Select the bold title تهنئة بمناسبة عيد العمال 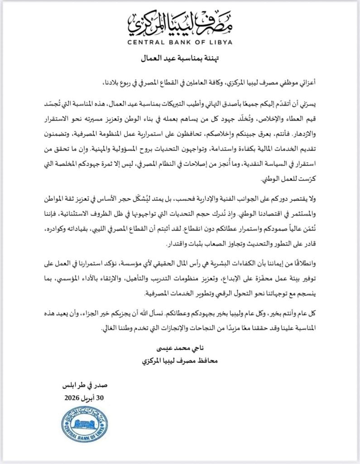(180, 59)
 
